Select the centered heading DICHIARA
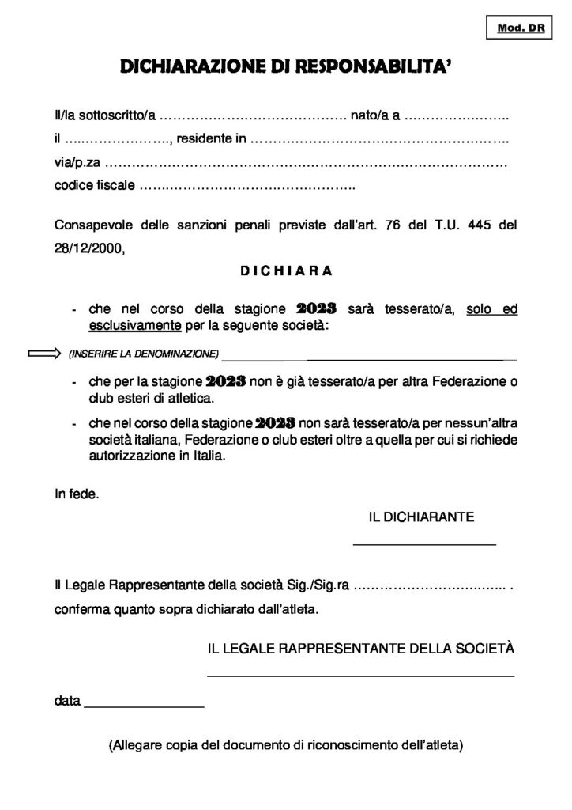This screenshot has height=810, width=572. coord(285,271)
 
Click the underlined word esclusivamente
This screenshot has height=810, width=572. coord(135,325)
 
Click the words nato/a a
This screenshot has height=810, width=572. coord(375,117)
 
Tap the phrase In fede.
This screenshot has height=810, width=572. coord(77,494)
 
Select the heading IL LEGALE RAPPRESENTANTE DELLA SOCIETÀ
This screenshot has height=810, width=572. coord(360,648)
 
